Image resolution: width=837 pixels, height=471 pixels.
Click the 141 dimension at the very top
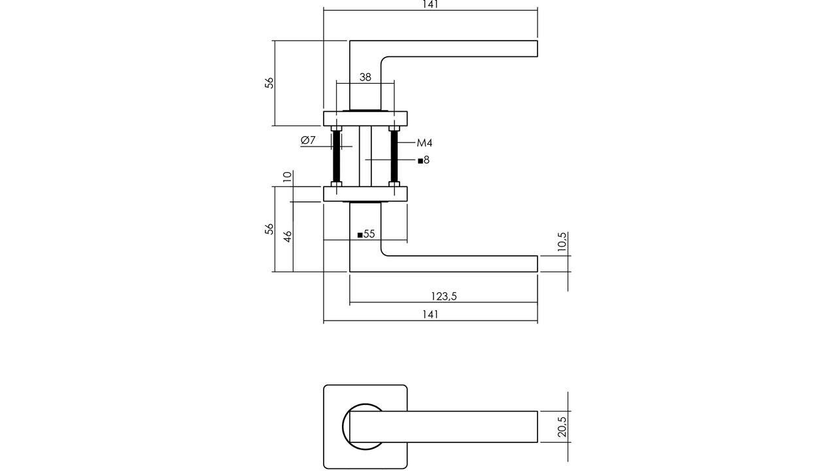point(430,5)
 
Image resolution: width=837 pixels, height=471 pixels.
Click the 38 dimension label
point(365,77)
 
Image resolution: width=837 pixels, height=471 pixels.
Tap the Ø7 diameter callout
point(308,140)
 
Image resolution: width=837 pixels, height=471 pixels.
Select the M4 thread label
point(424,143)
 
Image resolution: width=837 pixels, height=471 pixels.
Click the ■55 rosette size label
point(366,234)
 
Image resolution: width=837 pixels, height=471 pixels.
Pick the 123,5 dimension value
point(444,296)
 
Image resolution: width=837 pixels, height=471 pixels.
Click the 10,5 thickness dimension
point(562,243)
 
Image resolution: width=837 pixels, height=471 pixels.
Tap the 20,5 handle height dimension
point(562,427)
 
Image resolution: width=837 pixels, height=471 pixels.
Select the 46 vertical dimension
point(287,236)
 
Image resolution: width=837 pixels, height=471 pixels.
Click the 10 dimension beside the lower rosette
point(287,177)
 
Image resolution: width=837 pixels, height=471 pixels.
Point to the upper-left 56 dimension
point(269,83)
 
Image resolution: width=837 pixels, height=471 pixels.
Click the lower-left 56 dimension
point(269,229)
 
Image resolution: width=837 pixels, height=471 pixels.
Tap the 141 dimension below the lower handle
point(430,314)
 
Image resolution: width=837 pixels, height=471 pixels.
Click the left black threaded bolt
point(337,156)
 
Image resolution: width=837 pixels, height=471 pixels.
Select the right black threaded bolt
point(394,156)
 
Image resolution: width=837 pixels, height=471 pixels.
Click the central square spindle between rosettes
point(366,156)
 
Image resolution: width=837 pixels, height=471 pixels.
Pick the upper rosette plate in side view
point(366,118)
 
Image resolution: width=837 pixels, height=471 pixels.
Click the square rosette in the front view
point(333,458)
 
